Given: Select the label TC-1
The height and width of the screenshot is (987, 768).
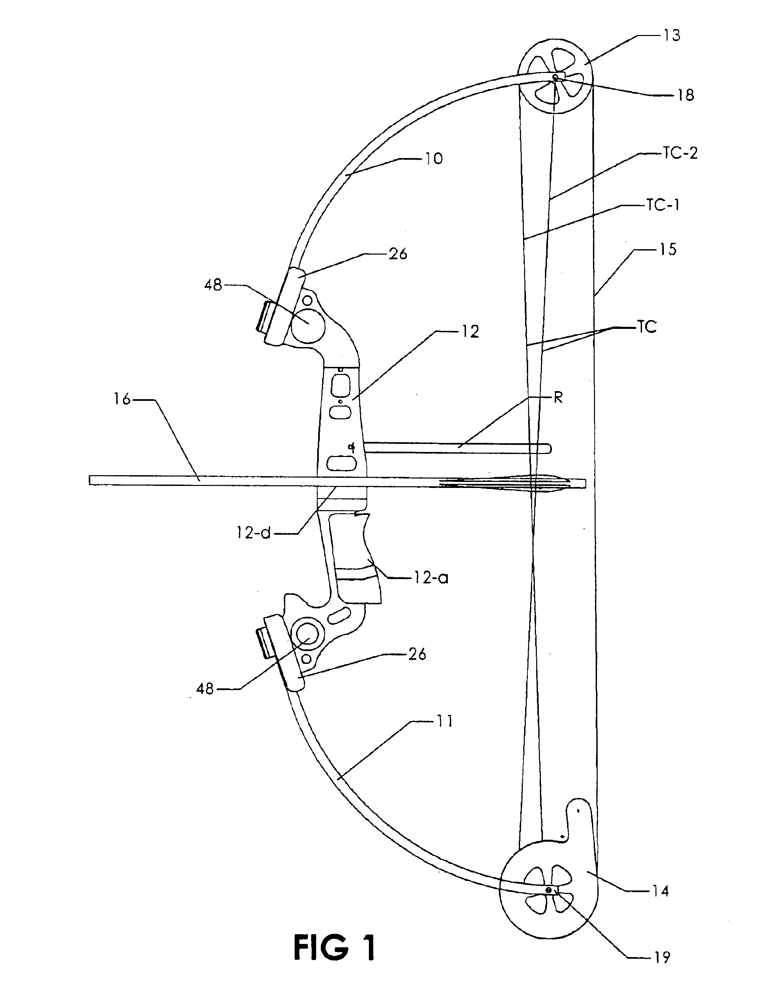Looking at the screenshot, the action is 663,205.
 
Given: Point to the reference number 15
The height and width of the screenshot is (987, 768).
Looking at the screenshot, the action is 668,249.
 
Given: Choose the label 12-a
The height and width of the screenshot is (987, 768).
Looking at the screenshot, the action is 431,577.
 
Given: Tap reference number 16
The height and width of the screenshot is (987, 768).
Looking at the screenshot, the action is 122,399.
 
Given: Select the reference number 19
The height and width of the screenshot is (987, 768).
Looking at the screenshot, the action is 662,956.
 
